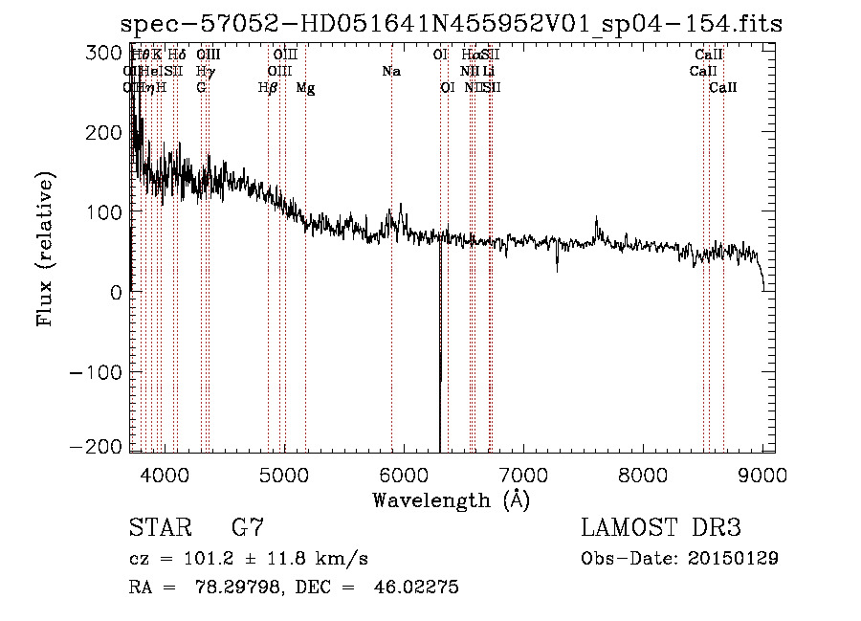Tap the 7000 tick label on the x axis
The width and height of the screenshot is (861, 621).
[x=524, y=473]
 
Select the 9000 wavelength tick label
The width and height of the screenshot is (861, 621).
[x=763, y=473]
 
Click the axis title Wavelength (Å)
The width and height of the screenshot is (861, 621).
[x=451, y=499]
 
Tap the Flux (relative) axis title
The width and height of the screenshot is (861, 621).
[x=45, y=249]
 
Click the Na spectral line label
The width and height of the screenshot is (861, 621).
[x=391, y=71]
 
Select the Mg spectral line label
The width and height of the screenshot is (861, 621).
[x=305, y=88]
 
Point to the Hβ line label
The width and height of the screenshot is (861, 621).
[x=268, y=88]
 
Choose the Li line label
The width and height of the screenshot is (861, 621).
[x=489, y=71]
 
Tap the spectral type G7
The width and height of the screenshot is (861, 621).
[x=248, y=527]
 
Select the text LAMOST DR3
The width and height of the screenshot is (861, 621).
[x=661, y=527]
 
